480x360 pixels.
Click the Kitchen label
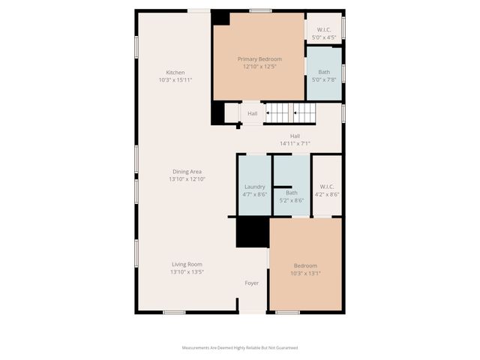[175, 73]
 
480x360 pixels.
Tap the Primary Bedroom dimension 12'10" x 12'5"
[260, 67]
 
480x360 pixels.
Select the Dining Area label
[187, 172]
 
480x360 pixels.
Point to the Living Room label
[187, 264]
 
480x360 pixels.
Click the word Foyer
[252, 283]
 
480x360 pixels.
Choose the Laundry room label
[255, 187]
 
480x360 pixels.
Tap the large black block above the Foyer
[253, 232]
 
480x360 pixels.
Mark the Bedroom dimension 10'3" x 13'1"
[305, 273]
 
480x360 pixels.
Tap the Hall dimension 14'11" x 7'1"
[295, 143]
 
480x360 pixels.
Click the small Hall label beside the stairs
[253, 114]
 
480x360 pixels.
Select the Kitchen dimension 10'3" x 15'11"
[175, 80]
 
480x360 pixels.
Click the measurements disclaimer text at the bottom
[240, 347]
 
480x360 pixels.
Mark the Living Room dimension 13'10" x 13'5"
[187, 271]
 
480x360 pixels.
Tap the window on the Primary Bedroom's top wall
[260, 10]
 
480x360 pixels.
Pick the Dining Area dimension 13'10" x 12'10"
[187, 179]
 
